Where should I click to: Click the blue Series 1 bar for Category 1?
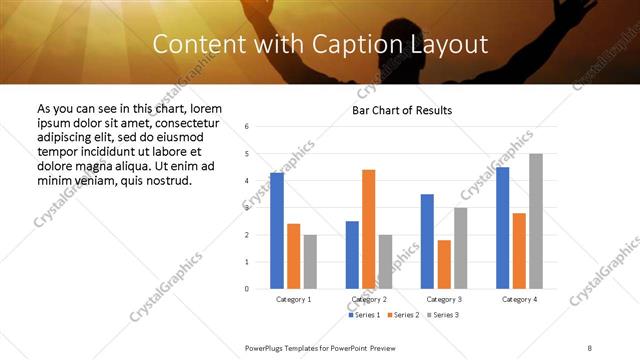(277, 230)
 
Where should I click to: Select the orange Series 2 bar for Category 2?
(368, 229)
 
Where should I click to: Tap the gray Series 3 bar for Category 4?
(536, 221)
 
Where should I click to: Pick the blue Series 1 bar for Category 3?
(427, 241)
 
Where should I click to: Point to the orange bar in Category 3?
(444, 264)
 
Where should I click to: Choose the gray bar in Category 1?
(310, 261)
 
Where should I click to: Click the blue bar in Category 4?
(503, 228)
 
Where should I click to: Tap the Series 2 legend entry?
(404, 315)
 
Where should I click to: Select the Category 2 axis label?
(369, 299)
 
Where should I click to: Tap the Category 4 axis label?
(520, 299)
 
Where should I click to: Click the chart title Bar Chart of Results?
(402, 110)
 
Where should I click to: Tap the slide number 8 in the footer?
(590, 348)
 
